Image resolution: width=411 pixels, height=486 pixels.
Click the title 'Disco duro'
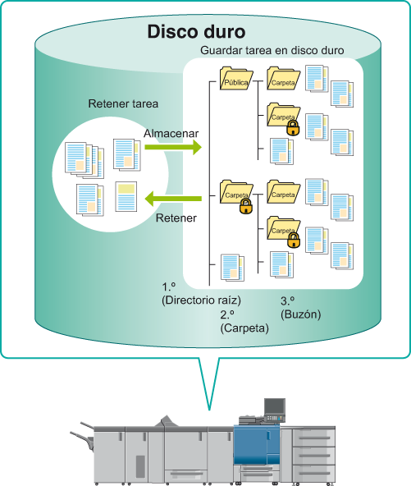tap(196, 32)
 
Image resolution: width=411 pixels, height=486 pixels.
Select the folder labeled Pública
tap(236, 79)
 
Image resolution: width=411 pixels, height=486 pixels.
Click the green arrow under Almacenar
tap(173, 147)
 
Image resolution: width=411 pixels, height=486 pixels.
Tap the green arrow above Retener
tap(173, 199)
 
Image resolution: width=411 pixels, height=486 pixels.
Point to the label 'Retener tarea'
tap(123, 103)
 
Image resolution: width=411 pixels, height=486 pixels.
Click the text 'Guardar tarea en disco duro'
tap(272, 50)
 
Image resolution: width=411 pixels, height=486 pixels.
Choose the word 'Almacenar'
tap(171, 133)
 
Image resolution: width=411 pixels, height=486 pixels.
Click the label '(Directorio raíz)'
tap(201, 300)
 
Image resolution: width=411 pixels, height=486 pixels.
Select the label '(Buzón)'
tap(301, 314)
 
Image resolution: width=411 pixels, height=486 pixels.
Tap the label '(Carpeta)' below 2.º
tap(244, 328)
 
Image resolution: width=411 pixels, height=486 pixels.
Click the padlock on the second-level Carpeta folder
tap(246, 207)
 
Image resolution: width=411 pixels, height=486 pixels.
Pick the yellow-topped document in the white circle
tap(126, 196)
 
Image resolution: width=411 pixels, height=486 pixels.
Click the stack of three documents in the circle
tap(84, 160)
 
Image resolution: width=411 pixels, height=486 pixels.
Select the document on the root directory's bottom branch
tap(233, 267)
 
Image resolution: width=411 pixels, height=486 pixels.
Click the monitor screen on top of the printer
tap(275, 406)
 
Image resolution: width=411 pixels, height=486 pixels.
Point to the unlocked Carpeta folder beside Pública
tap(283, 79)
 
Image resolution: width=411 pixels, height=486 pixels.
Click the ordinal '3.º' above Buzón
tap(288, 300)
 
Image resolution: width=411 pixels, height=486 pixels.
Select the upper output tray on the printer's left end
tap(87, 425)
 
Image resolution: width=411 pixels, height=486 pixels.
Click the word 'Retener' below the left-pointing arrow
tap(176, 218)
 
